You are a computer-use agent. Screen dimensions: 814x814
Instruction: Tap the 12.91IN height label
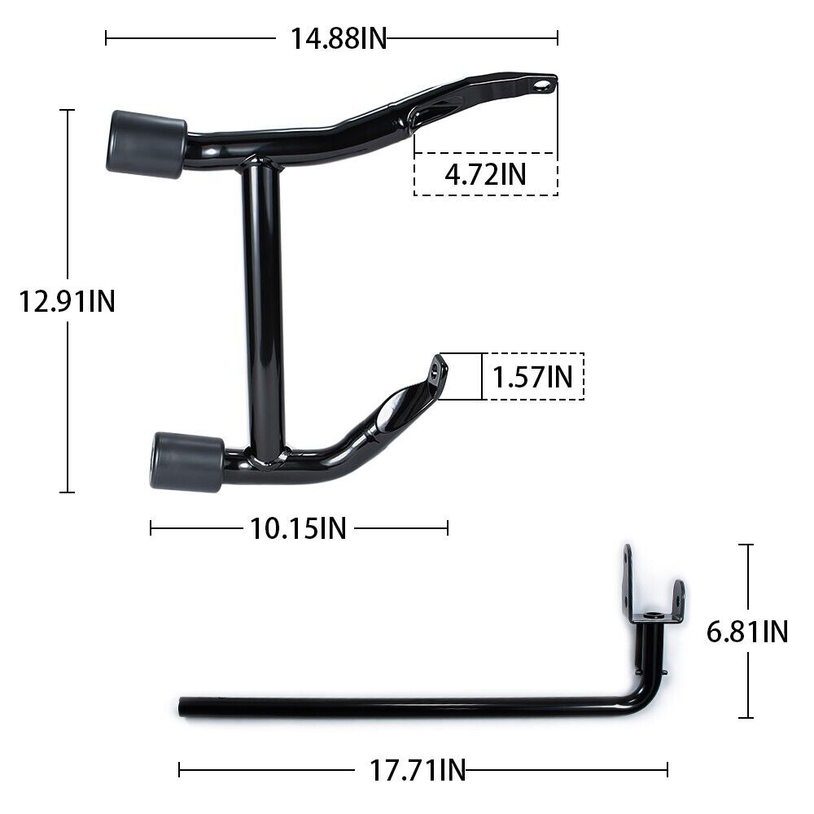68,302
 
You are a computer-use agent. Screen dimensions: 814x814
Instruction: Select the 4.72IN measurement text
485,174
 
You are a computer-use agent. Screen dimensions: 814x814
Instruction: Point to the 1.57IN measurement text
533,376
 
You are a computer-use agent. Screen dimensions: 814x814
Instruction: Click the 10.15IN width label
298,528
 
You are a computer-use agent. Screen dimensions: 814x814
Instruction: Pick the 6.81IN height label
747,632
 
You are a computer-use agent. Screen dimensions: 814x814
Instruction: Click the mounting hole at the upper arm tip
540,85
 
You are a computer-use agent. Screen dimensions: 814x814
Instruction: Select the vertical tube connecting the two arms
262,309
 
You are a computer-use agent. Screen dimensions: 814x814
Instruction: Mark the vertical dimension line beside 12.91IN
68,203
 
